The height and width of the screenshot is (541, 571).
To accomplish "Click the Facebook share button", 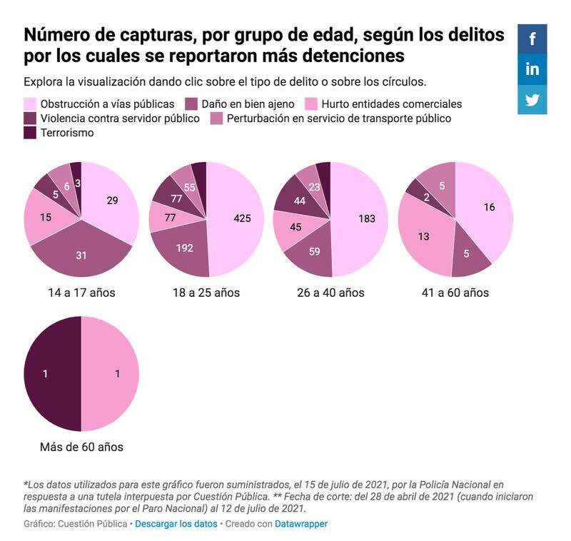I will tap(532, 39).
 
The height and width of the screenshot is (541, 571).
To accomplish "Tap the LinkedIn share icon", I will tap(532, 69).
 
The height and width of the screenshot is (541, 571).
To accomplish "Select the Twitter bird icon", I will tap(532, 100).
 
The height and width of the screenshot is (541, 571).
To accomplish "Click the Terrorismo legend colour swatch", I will tap(30, 133).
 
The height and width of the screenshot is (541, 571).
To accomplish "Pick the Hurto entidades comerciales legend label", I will tap(391, 104).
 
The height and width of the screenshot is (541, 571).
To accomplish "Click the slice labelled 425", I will tap(242, 219).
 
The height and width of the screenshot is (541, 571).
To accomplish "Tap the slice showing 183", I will tap(367, 219).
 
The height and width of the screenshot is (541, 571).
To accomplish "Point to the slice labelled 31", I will tap(81, 255).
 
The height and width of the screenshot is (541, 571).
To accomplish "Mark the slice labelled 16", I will tap(488, 208).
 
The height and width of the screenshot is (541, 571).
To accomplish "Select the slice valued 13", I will tap(423, 236).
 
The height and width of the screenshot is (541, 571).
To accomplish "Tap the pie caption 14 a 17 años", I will tap(81, 293).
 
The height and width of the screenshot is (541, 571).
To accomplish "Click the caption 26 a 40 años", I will tap(330, 293).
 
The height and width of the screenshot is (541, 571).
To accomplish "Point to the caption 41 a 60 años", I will tap(455, 293).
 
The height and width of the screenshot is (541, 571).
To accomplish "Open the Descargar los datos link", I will tap(176, 524).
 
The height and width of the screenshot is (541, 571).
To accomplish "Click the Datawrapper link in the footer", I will tap(301, 524).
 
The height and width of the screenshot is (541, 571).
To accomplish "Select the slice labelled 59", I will tap(315, 251).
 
